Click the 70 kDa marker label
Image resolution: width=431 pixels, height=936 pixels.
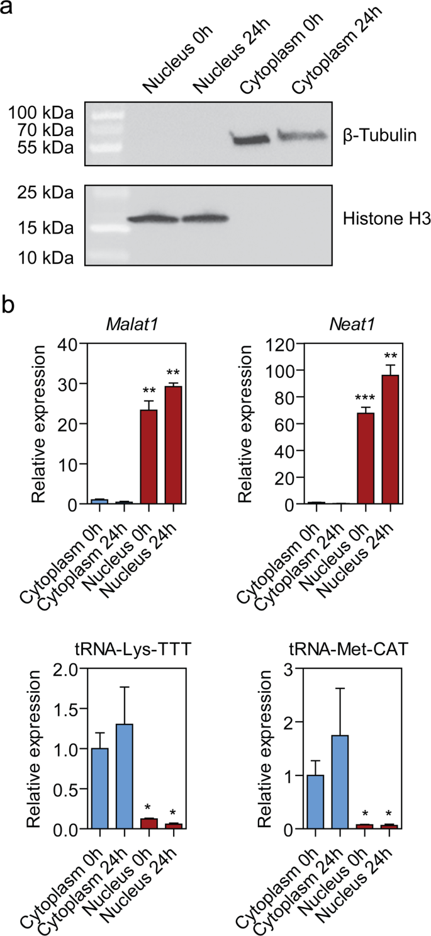click(x=40, y=131)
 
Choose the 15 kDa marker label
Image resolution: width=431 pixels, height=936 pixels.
click(x=40, y=227)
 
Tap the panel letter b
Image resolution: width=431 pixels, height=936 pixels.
click(x=9, y=307)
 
